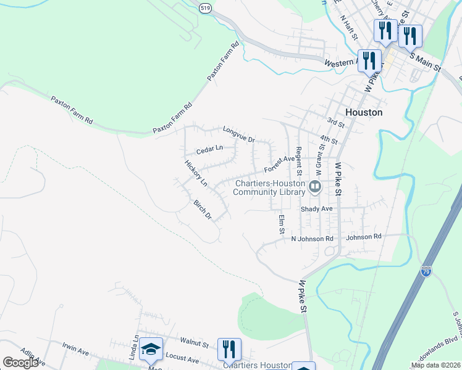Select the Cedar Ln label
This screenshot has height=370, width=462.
point(209,149)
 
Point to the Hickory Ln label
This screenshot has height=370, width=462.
point(195,173)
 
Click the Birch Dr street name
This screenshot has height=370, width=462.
point(203,210)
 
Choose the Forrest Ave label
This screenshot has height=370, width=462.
point(280,164)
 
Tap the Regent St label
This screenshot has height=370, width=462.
point(299,157)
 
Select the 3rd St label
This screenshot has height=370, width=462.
point(335,123)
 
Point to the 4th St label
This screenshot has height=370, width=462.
point(329,141)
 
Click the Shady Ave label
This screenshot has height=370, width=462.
point(316,209)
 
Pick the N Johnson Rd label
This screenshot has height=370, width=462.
point(312,239)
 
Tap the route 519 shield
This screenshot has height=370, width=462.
point(206,7)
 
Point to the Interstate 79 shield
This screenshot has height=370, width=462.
point(426,271)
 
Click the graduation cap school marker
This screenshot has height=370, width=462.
point(151,349)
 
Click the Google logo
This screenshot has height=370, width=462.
point(20,362)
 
